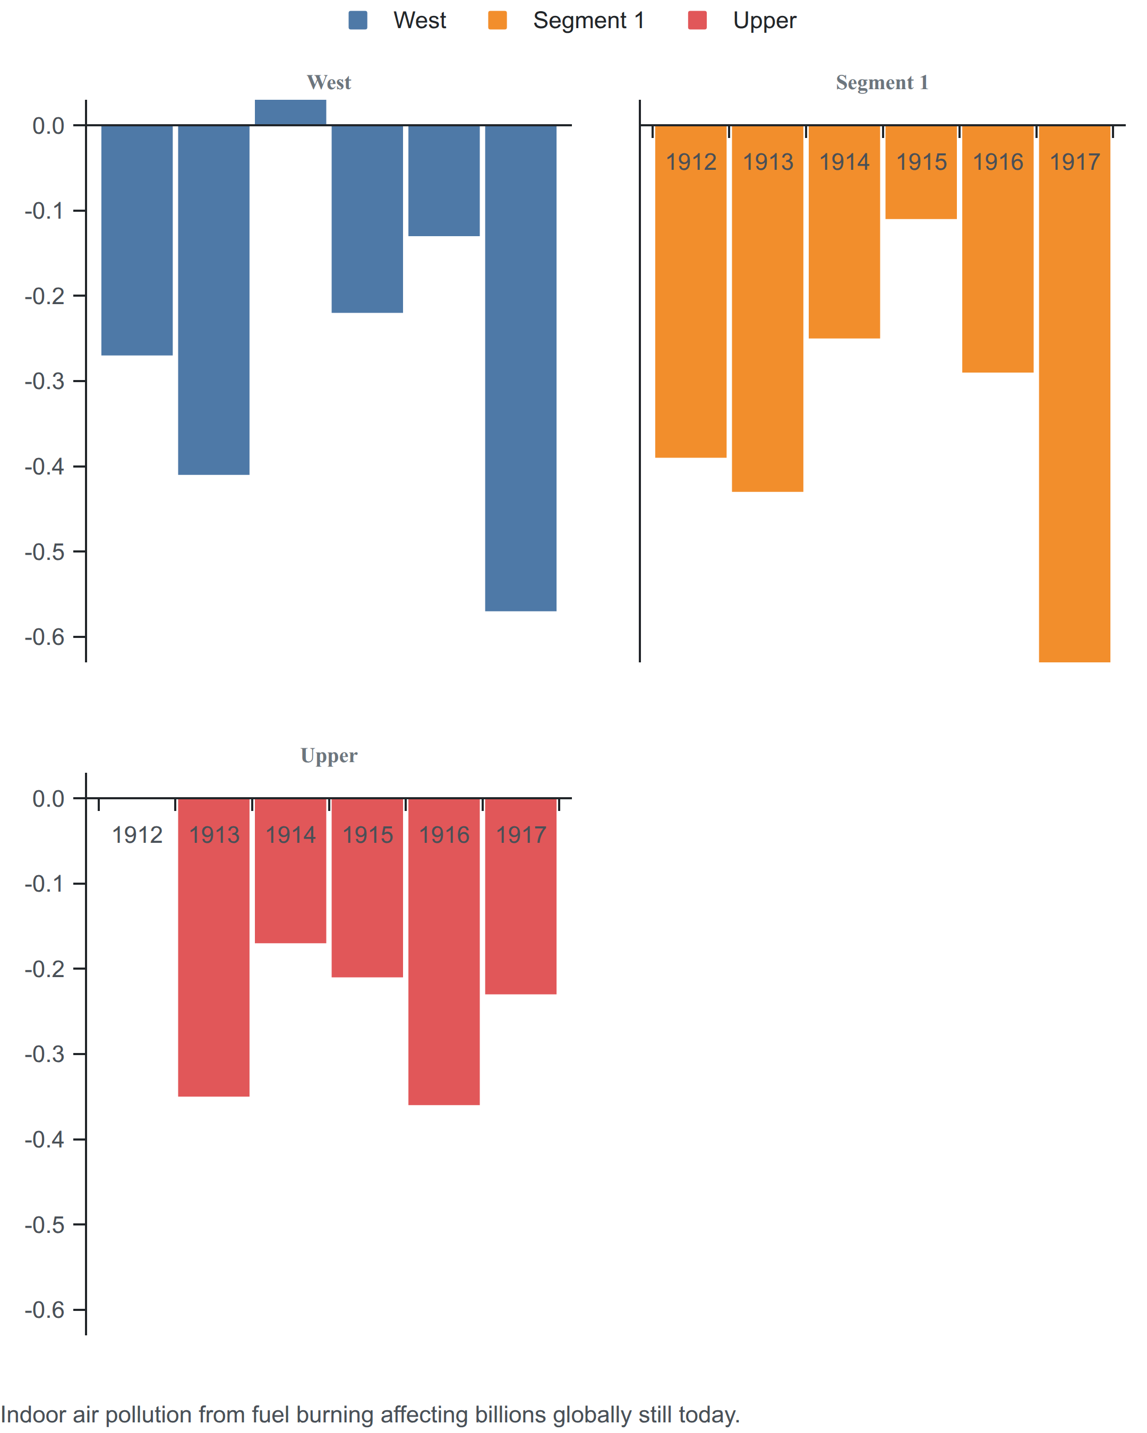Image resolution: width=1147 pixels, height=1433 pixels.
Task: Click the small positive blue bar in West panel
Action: coord(290,113)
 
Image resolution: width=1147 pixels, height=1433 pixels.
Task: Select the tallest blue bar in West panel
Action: coord(520,368)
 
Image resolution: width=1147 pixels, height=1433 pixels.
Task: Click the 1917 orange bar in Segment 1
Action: coord(1075,393)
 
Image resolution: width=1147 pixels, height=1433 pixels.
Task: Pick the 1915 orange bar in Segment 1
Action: coord(921,171)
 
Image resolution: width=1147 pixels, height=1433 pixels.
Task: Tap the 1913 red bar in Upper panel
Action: coord(213,947)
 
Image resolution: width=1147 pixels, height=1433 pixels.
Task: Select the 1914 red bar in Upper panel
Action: coord(290,871)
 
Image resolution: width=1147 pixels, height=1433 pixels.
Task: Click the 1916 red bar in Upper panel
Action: coord(444,952)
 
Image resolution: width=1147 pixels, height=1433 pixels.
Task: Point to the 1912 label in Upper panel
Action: coord(137,835)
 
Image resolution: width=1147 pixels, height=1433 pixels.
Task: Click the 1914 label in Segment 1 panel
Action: coord(844,161)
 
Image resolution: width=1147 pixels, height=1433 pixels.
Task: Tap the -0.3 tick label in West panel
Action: coord(45,381)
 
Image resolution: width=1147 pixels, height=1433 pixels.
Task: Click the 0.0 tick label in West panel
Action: coord(48,126)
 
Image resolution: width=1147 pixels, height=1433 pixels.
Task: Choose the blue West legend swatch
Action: coord(358,21)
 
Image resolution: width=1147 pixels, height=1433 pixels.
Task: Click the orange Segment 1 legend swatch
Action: coord(498,21)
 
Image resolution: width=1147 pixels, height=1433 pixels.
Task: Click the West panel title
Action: coord(329,82)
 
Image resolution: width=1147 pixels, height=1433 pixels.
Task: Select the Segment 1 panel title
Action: coord(883,82)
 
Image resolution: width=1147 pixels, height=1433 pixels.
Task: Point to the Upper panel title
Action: coord(329,756)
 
